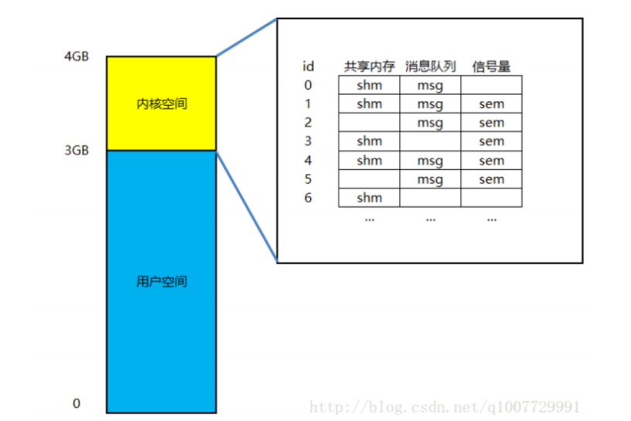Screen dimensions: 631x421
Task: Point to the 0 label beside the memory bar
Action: [76, 404]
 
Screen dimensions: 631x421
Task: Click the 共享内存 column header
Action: [370, 66]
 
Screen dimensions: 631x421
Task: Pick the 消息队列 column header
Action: [430, 66]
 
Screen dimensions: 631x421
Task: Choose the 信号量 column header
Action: [491, 66]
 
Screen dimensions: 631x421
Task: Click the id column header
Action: [309, 66]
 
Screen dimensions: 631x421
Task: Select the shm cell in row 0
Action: [370, 85]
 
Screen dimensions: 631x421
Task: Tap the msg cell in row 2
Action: [430, 123]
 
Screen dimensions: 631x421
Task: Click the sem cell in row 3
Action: [491, 141]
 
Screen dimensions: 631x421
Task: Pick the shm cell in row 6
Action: [370, 199]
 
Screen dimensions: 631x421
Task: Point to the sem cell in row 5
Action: [491, 179]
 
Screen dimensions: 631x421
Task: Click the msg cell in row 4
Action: [430, 161]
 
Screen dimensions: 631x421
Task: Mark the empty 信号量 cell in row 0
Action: [491, 85]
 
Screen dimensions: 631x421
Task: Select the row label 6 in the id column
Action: [308, 199]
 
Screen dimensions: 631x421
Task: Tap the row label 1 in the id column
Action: [308, 104]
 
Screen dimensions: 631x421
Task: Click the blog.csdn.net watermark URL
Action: [445, 406]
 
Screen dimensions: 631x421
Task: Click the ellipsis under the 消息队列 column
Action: [430, 219]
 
